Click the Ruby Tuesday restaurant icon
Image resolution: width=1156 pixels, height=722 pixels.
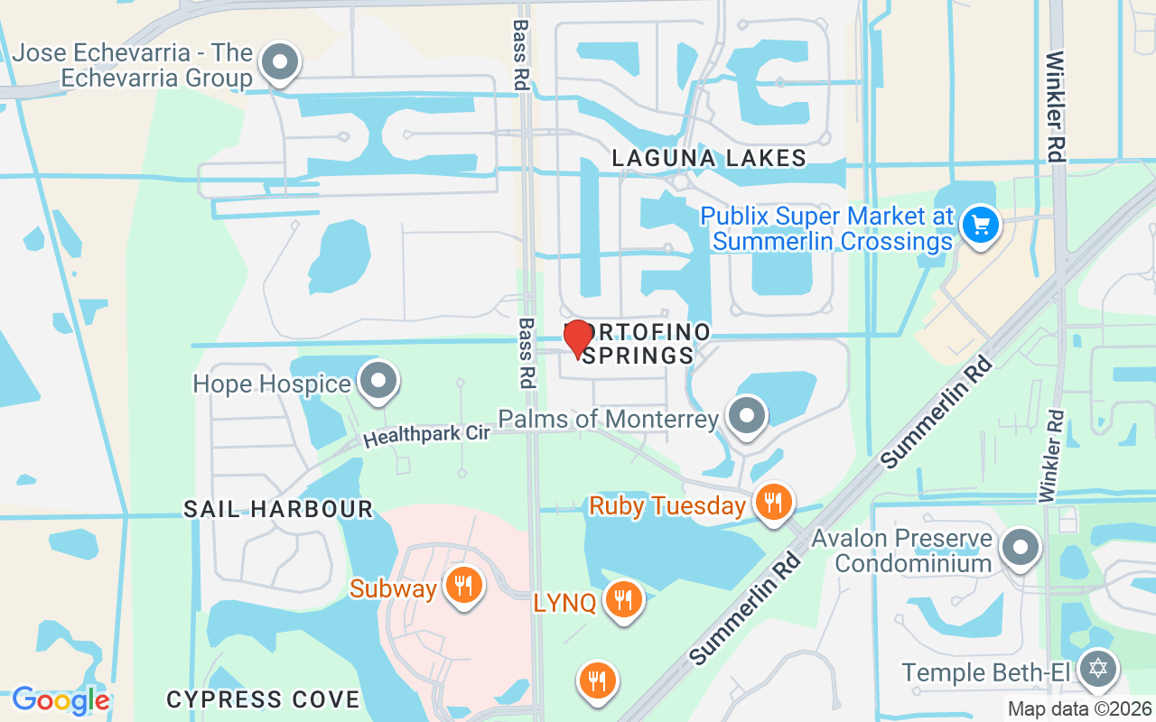click(x=772, y=503)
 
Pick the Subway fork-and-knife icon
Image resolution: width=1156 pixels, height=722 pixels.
click(x=463, y=586)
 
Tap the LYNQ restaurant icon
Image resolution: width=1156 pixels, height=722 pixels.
click(x=622, y=598)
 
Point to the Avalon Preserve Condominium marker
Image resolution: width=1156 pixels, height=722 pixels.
click(x=1021, y=547)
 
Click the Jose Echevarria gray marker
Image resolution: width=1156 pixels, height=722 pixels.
click(x=279, y=63)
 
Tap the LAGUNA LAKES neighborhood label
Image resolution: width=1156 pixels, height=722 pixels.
click(x=709, y=159)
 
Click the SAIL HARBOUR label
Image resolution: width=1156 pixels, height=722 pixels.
click(x=278, y=509)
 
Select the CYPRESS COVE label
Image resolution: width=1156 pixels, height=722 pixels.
click(x=264, y=699)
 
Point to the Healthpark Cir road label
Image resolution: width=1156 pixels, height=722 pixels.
click(x=426, y=435)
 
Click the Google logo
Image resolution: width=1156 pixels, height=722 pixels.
click(x=61, y=700)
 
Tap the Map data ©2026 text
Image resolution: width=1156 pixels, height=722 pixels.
click(x=1079, y=708)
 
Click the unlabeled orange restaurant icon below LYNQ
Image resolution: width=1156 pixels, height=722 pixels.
click(x=597, y=681)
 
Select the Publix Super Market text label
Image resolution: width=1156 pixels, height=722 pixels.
click(x=827, y=229)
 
